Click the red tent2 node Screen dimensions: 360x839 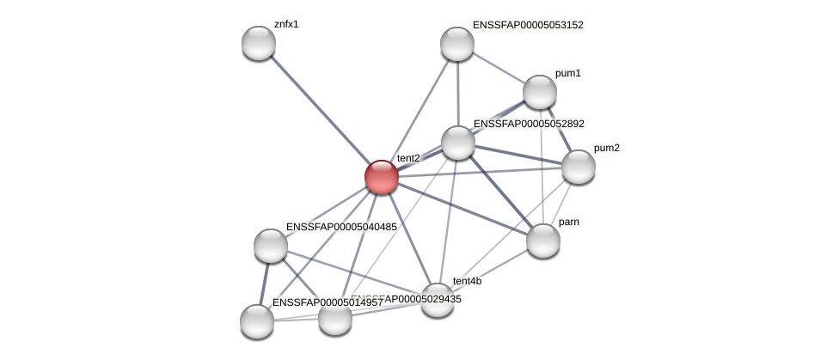pos(381,177)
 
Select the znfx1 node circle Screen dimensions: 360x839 pos(259,43)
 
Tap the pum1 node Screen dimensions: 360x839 pos(540,92)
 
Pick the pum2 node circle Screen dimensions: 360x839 pos(579,167)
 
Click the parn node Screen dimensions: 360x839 pos(543,241)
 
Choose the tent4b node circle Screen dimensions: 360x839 pos(438,300)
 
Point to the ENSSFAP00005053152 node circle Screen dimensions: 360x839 pos(457,44)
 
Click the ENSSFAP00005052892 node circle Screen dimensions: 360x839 pos(458,143)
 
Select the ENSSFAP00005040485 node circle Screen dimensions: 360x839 pos(271,246)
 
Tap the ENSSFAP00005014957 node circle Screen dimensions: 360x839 pos(257,321)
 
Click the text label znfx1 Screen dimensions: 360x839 pos(286,24)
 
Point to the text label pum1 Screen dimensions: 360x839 pos(568,74)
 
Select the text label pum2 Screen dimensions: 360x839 pos(606,148)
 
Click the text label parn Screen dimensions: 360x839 pos(568,223)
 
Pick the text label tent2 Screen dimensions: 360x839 pos(408,158)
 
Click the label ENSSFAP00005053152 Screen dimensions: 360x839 pos(528,25)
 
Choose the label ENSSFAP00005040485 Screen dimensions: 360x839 pos(341,227)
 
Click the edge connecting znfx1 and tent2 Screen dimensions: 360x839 pos(320,110)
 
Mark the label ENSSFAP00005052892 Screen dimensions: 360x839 pos(529,124)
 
